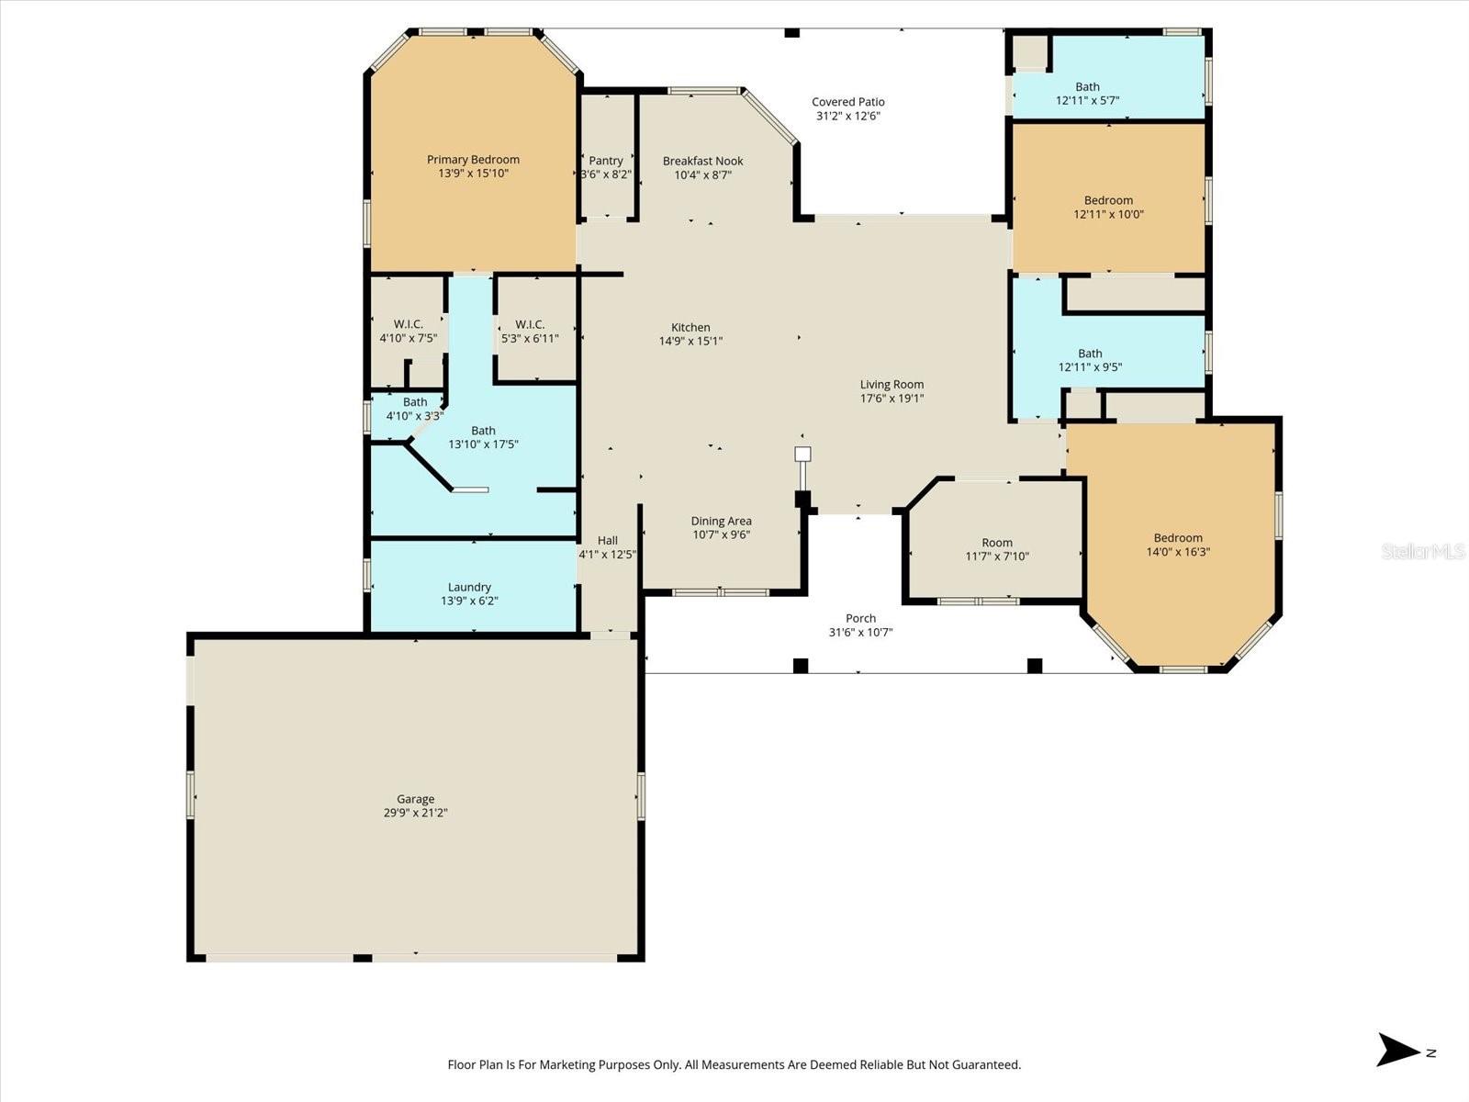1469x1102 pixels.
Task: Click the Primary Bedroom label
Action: [473, 160]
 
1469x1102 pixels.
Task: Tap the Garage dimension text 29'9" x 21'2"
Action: [415, 813]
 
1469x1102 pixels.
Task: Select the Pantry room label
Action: [606, 161]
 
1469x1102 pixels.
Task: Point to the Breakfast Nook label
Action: [703, 161]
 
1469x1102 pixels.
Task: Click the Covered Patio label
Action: [847, 102]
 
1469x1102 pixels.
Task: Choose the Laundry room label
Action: [469, 587]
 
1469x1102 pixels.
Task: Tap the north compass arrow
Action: [1398, 1050]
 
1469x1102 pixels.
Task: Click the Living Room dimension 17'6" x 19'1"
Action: [891, 399]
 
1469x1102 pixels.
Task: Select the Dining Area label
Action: [721, 521]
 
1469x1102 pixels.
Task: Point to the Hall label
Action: [607, 541]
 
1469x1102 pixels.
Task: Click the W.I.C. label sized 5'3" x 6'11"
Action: [530, 324]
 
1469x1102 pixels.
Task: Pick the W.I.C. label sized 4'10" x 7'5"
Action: [408, 324]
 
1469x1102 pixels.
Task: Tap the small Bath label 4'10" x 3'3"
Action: [415, 402]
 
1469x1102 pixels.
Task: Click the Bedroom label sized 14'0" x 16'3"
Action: [1178, 538]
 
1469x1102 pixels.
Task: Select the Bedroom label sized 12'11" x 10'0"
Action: [1108, 200]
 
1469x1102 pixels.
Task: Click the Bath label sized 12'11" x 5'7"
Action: [1087, 87]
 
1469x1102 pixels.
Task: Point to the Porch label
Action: [860, 618]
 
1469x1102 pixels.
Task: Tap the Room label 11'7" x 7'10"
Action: [997, 543]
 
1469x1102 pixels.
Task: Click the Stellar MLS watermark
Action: [1423, 551]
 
